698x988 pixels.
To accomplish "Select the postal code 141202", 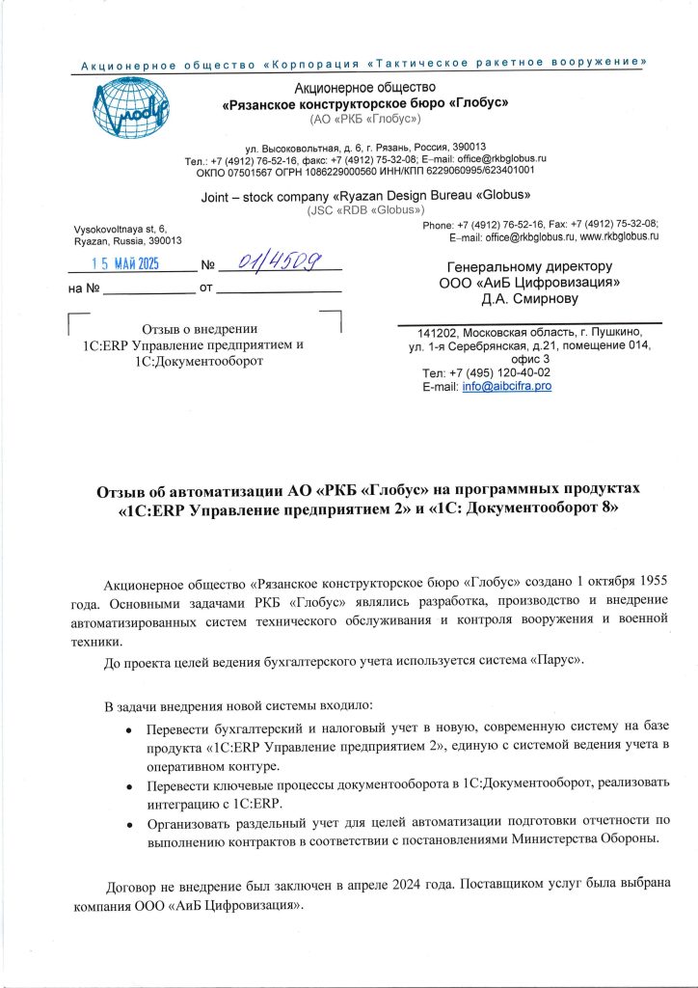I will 431,333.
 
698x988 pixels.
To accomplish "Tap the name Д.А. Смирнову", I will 529,299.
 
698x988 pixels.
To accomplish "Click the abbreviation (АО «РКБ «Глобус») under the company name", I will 365,118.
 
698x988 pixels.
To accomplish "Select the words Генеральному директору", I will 529,265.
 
